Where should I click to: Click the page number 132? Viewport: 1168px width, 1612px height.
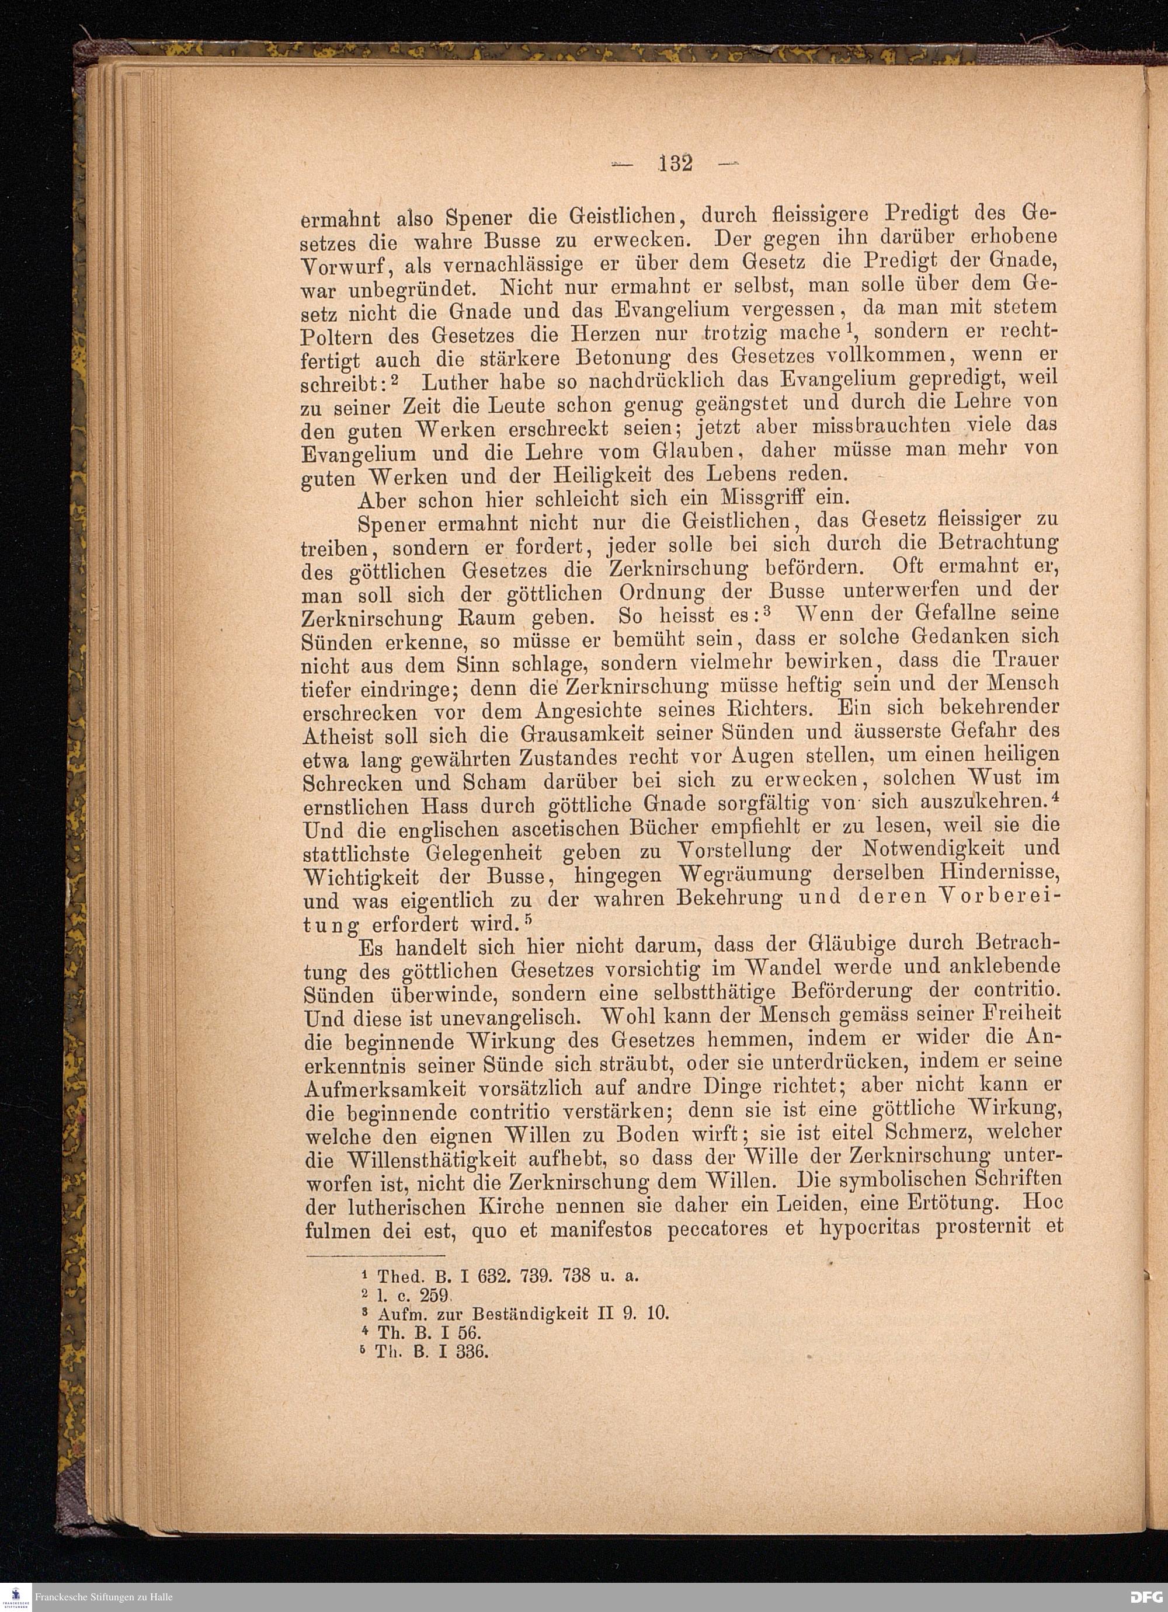pos(675,163)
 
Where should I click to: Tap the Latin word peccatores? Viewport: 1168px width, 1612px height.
pos(717,1229)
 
